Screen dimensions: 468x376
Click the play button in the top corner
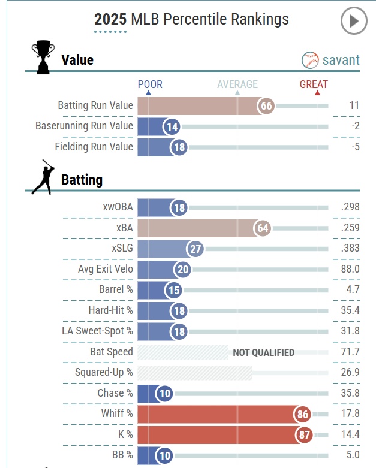coord(353,22)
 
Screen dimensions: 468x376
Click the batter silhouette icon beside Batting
coord(42,177)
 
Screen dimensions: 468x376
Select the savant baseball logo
coord(311,60)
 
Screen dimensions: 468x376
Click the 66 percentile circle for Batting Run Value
coord(266,106)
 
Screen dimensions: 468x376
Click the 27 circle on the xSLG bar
coord(195,249)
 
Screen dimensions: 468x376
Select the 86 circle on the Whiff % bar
coord(303,414)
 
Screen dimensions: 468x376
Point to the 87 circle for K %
coord(305,435)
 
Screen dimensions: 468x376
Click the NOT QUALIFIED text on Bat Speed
coord(263,352)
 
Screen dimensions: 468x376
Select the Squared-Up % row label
coord(104,373)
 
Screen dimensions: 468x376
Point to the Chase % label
coord(115,394)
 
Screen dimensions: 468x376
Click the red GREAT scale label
coord(314,84)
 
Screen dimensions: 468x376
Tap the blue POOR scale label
coord(150,84)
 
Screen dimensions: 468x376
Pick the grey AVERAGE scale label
coord(237,84)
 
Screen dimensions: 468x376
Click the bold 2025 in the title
coord(110,20)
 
